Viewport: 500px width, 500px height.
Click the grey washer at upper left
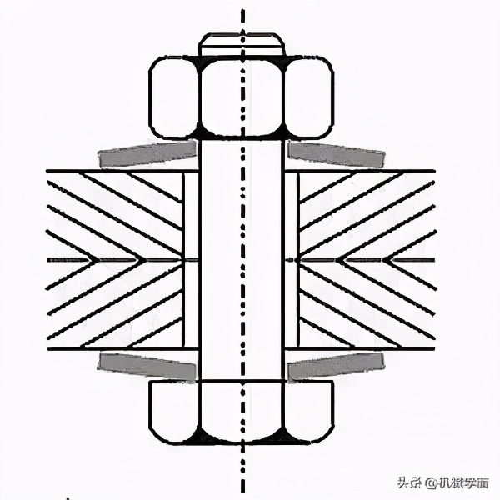[147, 152]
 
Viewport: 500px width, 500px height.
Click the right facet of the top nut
[310, 98]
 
